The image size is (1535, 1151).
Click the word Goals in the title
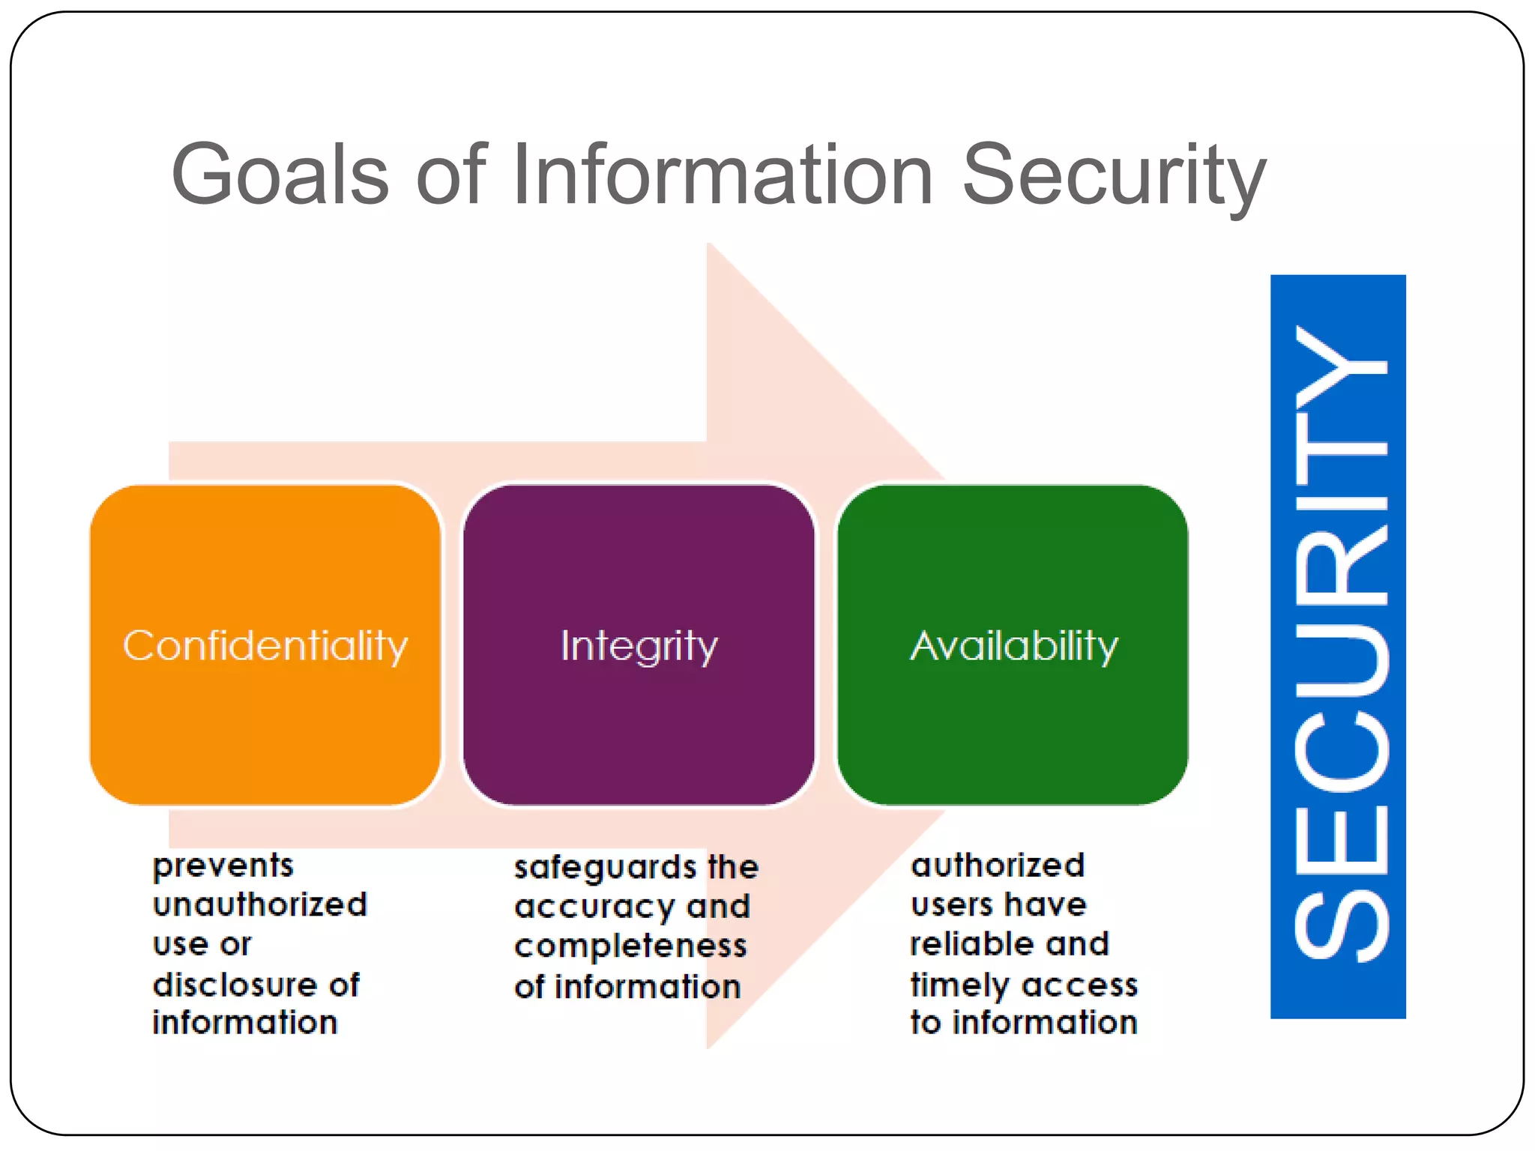tap(280, 174)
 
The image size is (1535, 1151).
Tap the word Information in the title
tap(723, 174)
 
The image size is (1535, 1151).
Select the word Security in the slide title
tap(1114, 175)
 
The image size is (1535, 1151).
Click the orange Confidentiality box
tap(265, 644)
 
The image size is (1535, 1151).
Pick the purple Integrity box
tap(639, 644)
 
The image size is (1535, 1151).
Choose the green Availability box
tap(1013, 644)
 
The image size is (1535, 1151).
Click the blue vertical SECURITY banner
tap(1338, 646)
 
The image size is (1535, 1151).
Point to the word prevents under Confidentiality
tap(223, 866)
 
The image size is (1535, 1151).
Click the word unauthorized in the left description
tap(260, 904)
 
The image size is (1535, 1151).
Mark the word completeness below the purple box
tap(630, 946)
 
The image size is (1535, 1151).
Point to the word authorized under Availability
tap(998, 865)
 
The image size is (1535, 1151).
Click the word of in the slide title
tap(451, 174)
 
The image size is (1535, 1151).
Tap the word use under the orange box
tap(181, 944)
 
